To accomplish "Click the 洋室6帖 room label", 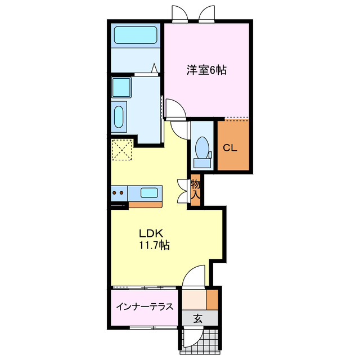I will click(206, 71).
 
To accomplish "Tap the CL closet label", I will click(230, 148).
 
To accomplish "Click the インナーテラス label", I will click(145, 307).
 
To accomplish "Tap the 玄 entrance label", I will click(198, 318).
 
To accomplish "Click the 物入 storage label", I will click(196, 189).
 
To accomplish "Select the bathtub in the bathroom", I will click(135, 35).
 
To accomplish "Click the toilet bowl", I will click(201, 149).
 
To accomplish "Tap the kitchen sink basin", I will click(148, 193).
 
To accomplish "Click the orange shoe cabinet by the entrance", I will click(212, 298).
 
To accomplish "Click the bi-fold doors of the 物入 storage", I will click(182, 190).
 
